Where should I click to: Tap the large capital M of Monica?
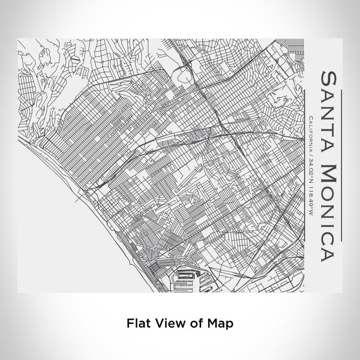pyautogui.click(x=329, y=169)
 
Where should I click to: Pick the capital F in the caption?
pyautogui.click(x=130, y=322)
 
